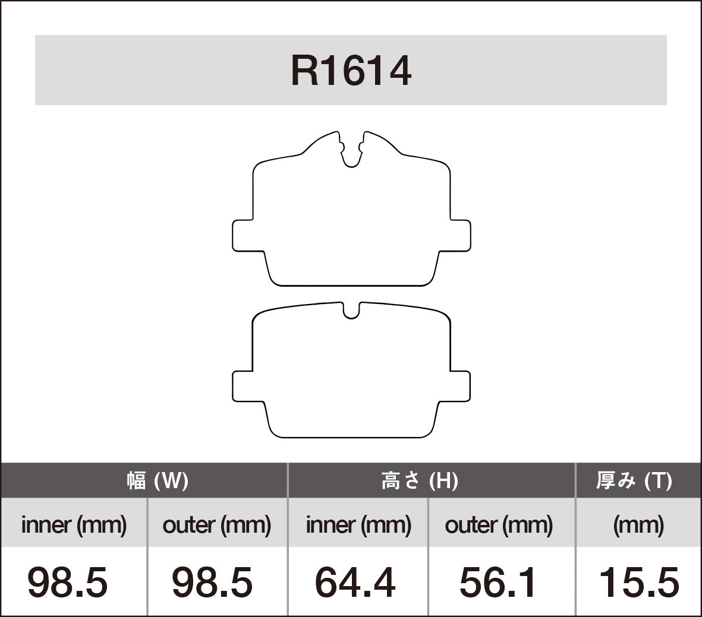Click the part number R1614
pyautogui.click(x=351, y=71)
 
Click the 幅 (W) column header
pyautogui.click(x=157, y=480)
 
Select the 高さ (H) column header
pyautogui.click(x=420, y=480)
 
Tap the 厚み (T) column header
pyautogui.click(x=634, y=480)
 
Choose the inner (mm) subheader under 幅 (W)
pyautogui.click(x=74, y=524)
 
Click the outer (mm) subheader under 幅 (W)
pyautogui.click(x=217, y=524)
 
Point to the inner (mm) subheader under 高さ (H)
pyautogui.click(x=358, y=524)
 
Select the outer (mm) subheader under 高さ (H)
pyautogui.click(x=499, y=524)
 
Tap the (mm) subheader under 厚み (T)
pyautogui.click(x=638, y=524)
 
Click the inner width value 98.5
pyautogui.click(x=68, y=582)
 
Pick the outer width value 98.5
pyautogui.click(x=212, y=582)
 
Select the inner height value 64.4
pyautogui.click(x=355, y=582)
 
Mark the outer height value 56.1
pyautogui.click(x=498, y=582)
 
